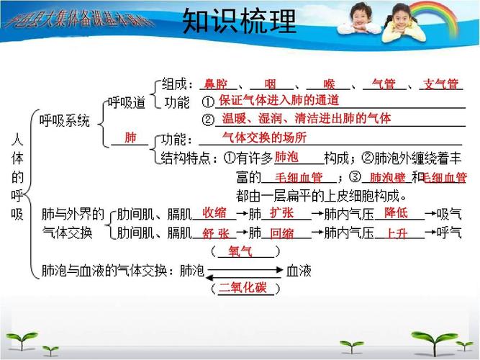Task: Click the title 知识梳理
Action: click(239, 22)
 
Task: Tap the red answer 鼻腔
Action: click(216, 84)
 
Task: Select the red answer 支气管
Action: click(440, 84)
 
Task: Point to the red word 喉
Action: click(330, 84)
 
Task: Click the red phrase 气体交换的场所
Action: click(264, 137)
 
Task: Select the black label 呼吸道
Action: click(127, 102)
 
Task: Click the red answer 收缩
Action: click(214, 212)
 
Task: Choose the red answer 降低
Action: click(396, 212)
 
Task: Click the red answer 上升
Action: click(397, 233)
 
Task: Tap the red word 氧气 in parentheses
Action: click(240, 251)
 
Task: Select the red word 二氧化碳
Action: click(243, 288)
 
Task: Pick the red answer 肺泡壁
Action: click(387, 177)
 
